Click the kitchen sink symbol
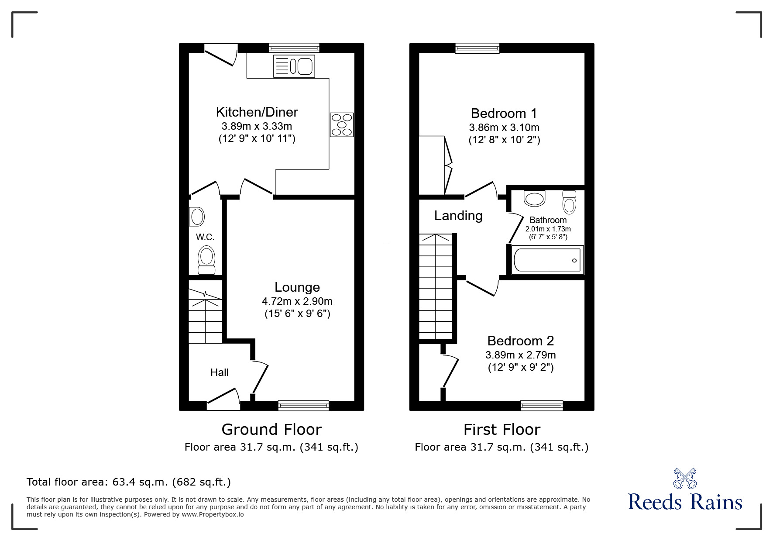(294, 66)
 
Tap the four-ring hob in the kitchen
(342, 124)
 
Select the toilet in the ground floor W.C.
(206, 260)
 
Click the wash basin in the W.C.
(197, 216)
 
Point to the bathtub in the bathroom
(547, 261)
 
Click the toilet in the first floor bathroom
(569, 201)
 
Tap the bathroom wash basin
(535, 198)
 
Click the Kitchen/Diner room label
(257, 112)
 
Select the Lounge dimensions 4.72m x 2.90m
(297, 301)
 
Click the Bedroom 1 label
(504, 114)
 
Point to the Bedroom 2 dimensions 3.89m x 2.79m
(520, 355)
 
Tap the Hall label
(219, 372)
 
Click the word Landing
(458, 216)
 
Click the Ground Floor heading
(271, 430)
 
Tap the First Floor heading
(502, 430)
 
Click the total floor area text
(129, 482)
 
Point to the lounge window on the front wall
(303, 406)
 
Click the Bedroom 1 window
(477, 48)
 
